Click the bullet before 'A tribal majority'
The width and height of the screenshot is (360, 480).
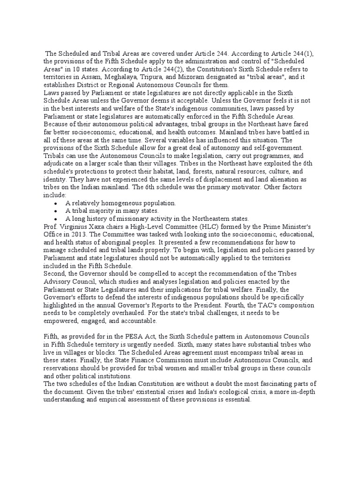coord(56,211)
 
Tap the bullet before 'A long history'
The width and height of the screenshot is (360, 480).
coord(56,219)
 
